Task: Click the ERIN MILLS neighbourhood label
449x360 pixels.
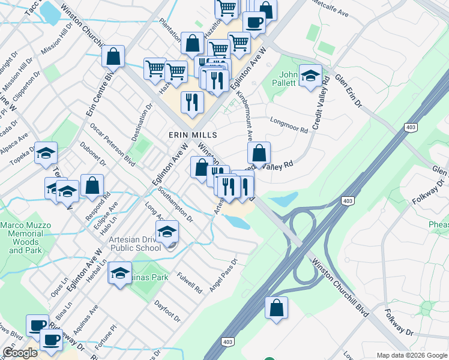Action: (x=192, y=135)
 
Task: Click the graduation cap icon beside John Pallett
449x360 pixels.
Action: (x=310, y=76)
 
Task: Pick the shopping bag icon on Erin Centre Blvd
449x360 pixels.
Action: (x=113, y=57)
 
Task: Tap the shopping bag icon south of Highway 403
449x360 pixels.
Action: (x=276, y=308)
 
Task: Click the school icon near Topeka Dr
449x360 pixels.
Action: (x=46, y=153)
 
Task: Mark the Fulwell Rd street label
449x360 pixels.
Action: (x=190, y=283)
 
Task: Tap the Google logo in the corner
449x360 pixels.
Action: (x=20, y=353)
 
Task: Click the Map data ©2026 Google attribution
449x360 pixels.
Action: (x=411, y=355)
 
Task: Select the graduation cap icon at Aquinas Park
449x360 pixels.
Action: (x=120, y=273)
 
